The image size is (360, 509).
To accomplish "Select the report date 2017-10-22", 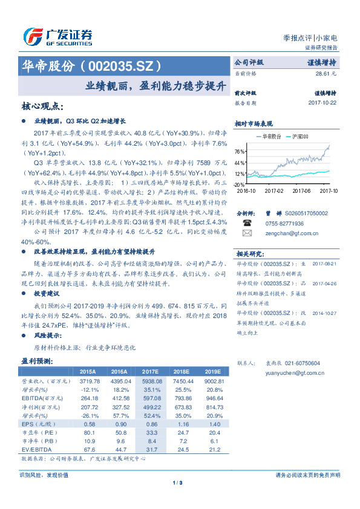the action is coord(322,103).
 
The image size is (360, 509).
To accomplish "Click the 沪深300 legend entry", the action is coord(299,137).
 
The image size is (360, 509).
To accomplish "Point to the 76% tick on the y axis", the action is coord(240,151).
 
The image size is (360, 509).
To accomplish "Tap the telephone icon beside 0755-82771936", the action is coord(247,222).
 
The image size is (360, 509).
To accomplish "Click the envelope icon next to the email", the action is coord(247,232).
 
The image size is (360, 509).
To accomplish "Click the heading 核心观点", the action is coord(42,106).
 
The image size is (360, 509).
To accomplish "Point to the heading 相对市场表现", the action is coord(254,123).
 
